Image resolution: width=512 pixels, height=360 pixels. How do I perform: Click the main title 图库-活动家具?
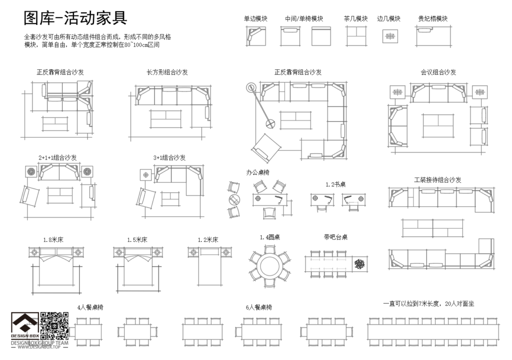pos(75,18)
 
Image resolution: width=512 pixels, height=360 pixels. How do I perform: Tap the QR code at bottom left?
pos(54,325)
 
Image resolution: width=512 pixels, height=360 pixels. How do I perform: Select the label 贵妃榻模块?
pos(432,18)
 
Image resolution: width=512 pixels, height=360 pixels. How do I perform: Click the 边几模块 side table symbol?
pos(390,36)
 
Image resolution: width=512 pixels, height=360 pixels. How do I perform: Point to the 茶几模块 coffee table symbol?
pos(355,36)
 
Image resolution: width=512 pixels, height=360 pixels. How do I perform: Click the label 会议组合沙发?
pos(438,72)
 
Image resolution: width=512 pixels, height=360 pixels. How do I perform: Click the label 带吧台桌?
pos(335,237)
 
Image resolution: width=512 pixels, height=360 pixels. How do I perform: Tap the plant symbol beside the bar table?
pos(359,264)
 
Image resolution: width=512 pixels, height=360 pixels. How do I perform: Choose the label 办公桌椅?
pos(258,172)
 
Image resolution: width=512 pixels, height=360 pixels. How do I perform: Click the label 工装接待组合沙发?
pos(437,179)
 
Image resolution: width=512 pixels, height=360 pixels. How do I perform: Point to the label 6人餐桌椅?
pos(259,307)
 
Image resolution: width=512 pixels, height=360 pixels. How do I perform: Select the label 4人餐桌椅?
pos(90,307)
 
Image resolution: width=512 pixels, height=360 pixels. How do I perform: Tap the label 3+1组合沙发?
pos(169,157)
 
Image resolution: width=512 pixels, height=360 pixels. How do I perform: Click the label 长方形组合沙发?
pos(167,72)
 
